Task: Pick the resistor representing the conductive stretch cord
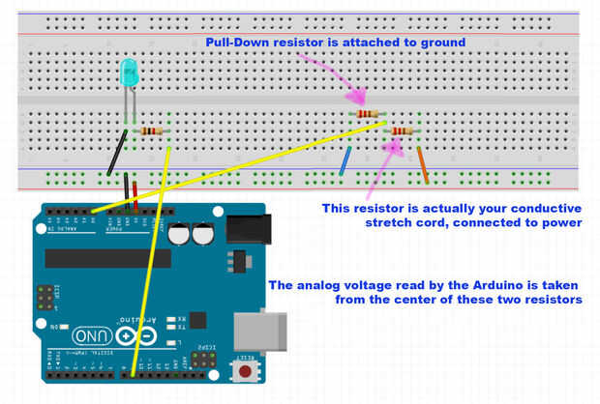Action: pos(401,131)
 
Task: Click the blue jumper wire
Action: pos(345,161)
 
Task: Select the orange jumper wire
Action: pos(423,165)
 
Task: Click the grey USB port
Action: pos(281,329)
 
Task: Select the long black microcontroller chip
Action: pos(107,258)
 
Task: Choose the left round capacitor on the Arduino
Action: pos(179,235)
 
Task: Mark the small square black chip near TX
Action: pos(233,262)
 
